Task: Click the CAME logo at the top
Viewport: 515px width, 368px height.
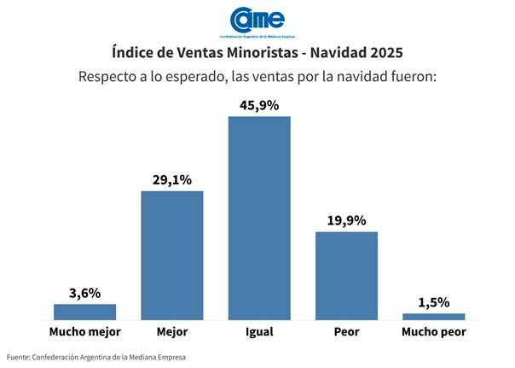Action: [x=257, y=20]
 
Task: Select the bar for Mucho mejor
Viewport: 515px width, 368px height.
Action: [x=84, y=312]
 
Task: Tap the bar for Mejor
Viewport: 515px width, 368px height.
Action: [x=171, y=255]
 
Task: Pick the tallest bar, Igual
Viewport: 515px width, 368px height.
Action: [x=259, y=218]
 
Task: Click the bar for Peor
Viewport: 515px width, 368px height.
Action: [x=346, y=275]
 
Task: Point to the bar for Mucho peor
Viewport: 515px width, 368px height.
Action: [x=433, y=316]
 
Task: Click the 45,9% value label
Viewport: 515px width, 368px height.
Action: [x=259, y=104]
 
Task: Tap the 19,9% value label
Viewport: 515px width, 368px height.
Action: [x=346, y=220]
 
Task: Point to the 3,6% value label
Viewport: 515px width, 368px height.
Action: [x=84, y=293]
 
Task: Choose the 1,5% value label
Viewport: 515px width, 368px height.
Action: [x=433, y=302]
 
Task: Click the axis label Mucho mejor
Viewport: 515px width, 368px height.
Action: [x=84, y=331]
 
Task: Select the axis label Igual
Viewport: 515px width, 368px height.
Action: [x=259, y=331]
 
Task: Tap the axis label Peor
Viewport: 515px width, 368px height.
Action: [x=346, y=331]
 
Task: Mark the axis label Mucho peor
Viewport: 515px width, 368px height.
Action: [x=433, y=331]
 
